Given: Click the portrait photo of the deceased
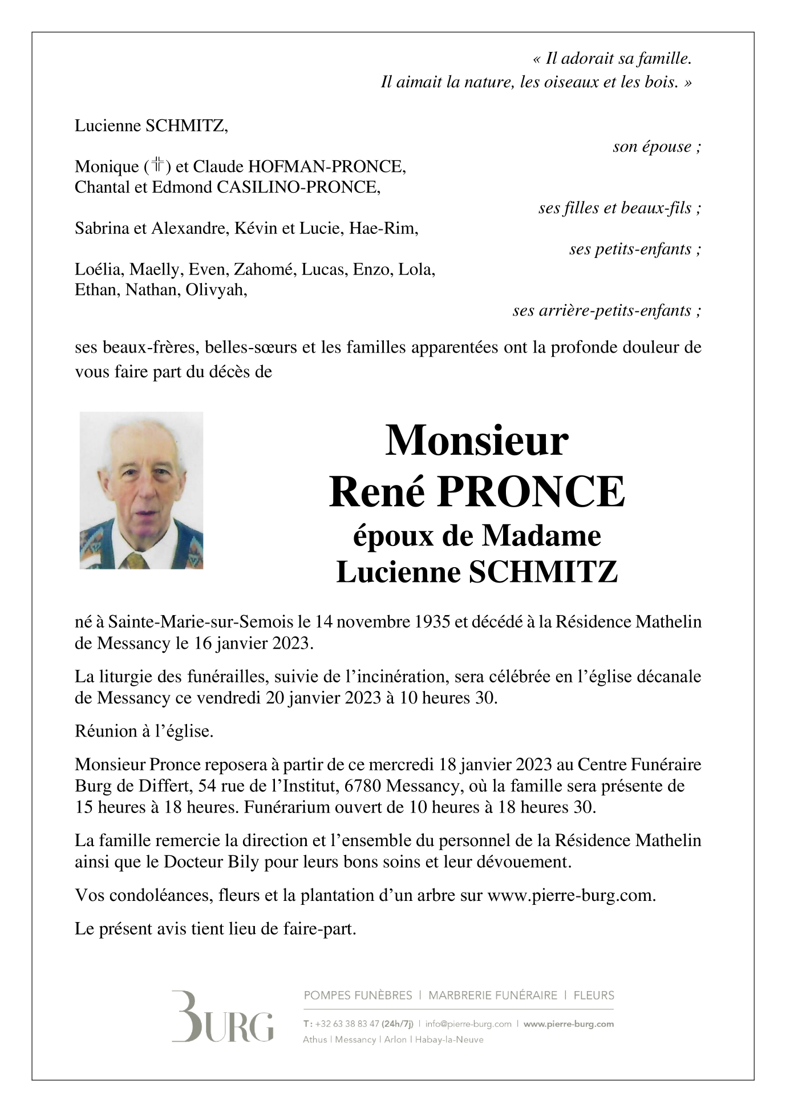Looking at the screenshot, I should pyautogui.click(x=141, y=490).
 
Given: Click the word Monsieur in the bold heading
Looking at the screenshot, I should pyautogui.click(x=477, y=440).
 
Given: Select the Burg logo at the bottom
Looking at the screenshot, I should pyautogui.click(x=222, y=1025).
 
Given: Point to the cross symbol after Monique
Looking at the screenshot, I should pyautogui.click(x=157, y=166).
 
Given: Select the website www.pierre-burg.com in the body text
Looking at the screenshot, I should pyautogui.click(x=570, y=895).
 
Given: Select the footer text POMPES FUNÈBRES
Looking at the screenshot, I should pyautogui.click(x=358, y=996).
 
